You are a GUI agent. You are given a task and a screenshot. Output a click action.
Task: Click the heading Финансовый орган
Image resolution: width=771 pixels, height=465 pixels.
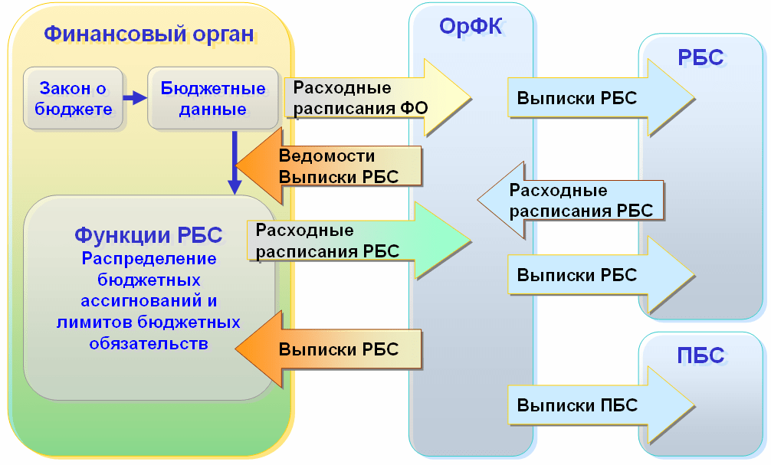[149, 34]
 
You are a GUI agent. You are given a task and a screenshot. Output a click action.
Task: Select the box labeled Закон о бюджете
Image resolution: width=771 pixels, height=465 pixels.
[73, 98]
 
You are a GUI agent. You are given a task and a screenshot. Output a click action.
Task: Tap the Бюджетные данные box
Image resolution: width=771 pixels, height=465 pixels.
[213, 98]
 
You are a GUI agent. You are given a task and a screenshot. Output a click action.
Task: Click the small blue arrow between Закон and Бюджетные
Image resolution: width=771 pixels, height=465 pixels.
[135, 98]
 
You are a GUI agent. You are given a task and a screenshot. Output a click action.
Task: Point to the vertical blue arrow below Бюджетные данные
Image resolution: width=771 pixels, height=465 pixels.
[235, 162]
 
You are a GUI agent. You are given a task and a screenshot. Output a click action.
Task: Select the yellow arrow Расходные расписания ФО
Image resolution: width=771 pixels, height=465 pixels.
[378, 98]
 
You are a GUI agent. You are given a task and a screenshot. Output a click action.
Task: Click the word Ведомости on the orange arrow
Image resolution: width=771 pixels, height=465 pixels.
[326, 156]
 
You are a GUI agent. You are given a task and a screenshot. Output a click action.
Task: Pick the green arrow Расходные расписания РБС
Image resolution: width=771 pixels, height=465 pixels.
[359, 241]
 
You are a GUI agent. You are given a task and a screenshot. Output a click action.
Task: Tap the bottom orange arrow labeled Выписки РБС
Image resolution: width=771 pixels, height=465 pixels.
[329, 349]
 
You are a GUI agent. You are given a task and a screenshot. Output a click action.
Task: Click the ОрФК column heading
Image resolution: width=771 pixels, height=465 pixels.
[471, 26]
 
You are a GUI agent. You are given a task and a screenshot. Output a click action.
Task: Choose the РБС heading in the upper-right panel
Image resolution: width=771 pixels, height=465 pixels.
[700, 57]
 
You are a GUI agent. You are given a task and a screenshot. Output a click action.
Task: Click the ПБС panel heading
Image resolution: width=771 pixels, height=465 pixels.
[700, 355]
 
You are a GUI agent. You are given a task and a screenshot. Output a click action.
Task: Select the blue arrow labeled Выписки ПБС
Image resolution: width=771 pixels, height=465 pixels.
[602, 405]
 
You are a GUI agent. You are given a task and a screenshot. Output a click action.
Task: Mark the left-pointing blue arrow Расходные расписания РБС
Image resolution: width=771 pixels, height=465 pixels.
[570, 200]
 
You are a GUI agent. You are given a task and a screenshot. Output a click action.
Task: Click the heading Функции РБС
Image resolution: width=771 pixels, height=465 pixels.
[149, 235]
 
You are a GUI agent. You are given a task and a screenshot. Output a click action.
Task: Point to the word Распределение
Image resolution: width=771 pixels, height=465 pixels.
[149, 259]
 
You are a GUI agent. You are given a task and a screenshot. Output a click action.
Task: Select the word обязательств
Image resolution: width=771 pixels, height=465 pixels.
[149, 344]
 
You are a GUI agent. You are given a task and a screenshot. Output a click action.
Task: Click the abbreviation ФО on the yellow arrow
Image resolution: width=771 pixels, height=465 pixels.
[414, 108]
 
